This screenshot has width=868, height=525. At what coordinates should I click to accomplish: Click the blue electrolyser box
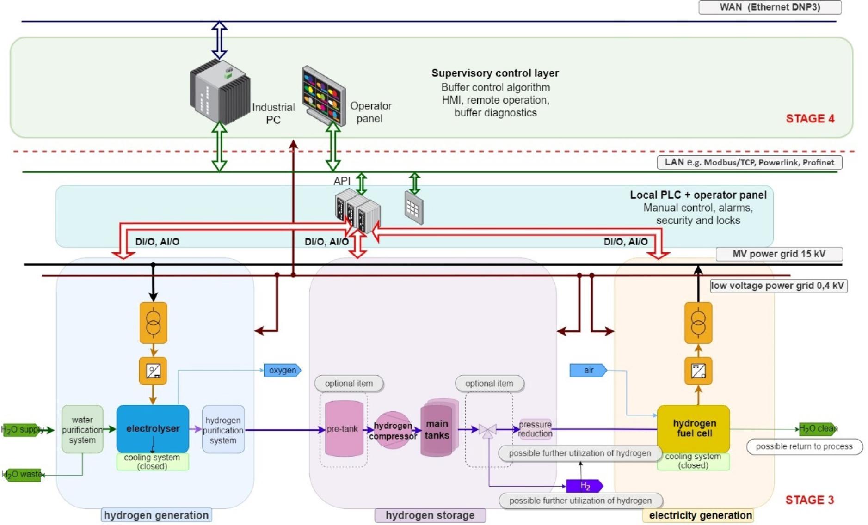point(153,428)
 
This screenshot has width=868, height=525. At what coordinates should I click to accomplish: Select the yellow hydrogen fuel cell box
point(693,428)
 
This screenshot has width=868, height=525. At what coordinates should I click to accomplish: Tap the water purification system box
point(82,429)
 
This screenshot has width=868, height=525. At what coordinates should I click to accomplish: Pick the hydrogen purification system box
point(223,430)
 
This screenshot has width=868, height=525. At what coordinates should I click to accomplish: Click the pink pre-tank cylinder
point(344,428)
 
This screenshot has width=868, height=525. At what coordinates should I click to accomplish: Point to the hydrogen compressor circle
point(392,430)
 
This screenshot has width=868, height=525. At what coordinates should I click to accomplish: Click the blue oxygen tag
point(282,370)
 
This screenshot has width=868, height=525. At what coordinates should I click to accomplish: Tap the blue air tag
point(588,370)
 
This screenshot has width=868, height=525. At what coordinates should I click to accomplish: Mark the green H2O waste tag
point(22,475)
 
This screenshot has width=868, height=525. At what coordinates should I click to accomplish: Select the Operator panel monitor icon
point(324,95)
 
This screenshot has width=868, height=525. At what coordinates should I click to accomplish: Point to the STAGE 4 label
point(810,119)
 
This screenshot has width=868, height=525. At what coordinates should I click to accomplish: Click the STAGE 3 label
point(809,500)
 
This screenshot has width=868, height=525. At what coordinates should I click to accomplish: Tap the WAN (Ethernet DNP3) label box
point(770,7)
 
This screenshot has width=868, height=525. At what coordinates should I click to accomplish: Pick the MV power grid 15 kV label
point(779,254)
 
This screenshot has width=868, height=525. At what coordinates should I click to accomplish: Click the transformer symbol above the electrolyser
point(153,323)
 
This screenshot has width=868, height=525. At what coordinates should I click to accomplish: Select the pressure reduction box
point(535,429)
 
